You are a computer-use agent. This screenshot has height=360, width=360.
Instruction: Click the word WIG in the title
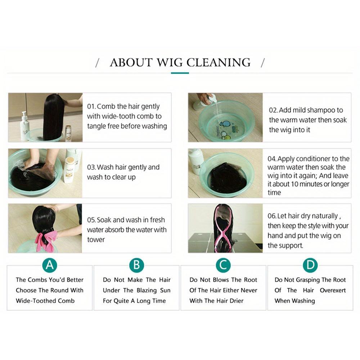(170, 62)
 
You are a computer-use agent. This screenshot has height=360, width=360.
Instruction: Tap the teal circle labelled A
(50, 265)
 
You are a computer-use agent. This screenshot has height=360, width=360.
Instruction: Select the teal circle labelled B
(136, 265)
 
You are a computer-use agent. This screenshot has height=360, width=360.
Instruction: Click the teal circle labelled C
(223, 265)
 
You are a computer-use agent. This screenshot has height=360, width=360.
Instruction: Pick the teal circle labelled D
(310, 265)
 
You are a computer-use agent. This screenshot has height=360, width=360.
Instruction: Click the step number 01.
(91, 107)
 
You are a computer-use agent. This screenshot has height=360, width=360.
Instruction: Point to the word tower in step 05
(96, 240)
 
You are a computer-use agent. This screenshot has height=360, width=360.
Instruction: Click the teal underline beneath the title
(180, 73)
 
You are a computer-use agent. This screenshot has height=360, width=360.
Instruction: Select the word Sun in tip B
(165, 291)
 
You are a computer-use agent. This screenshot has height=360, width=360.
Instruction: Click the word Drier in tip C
(236, 301)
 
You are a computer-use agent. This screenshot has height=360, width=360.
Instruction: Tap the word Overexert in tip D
(333, 291)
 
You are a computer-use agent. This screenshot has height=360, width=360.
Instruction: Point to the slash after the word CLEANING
(263, 63)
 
